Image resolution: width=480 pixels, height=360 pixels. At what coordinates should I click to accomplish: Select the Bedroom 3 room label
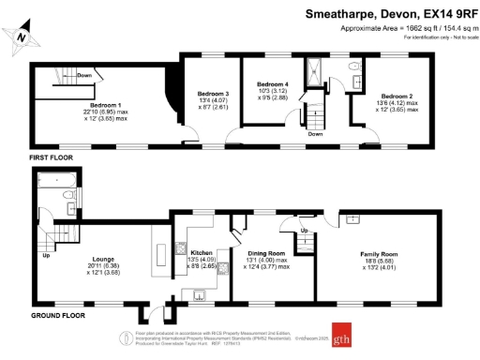click(213, 95)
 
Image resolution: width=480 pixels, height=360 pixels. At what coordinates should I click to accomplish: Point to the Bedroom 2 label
click(397, 96)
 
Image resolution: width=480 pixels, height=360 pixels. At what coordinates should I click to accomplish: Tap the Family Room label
click(381, 253)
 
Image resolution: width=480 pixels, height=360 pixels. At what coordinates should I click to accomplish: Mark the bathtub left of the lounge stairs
click(49, 202)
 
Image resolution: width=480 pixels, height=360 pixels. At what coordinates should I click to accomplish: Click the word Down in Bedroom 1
click(83, 76)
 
